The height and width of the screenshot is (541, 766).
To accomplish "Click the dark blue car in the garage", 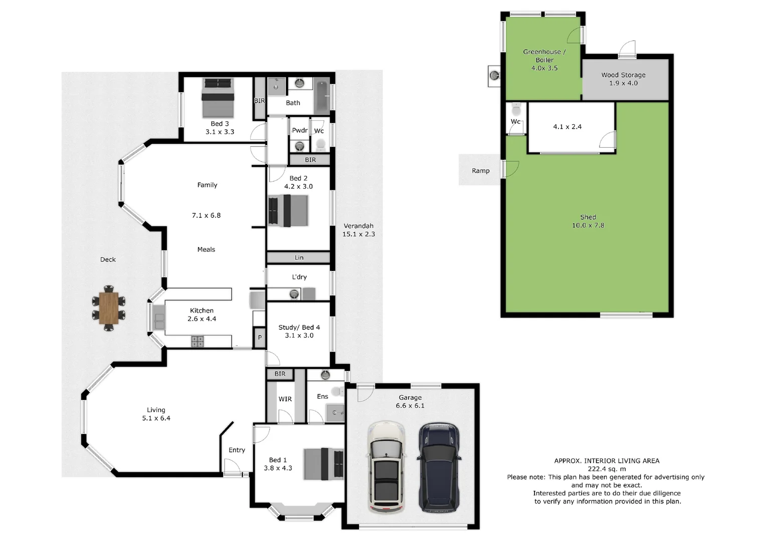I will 439,467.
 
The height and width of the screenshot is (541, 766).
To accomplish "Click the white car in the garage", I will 386,467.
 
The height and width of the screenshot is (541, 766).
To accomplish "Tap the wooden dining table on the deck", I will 108,308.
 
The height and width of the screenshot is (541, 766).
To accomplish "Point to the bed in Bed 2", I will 288,210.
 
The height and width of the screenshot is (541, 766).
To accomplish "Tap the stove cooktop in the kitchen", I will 198,342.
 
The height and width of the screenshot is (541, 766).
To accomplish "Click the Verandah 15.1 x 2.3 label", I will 358,230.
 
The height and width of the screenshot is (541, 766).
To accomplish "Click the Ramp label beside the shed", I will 480,171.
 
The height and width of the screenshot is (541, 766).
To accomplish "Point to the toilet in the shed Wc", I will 516,109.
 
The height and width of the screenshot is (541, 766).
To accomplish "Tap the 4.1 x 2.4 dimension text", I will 567,127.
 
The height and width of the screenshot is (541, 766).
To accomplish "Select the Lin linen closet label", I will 299,257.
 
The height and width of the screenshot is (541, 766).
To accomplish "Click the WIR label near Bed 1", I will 285,399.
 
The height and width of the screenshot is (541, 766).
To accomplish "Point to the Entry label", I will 237,450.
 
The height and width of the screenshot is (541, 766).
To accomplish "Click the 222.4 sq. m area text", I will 607,469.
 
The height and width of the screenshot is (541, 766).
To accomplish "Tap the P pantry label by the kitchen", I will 260,338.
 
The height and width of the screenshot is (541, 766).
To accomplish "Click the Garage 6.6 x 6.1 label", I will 410,401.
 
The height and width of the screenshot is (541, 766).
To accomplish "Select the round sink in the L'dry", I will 294,294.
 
